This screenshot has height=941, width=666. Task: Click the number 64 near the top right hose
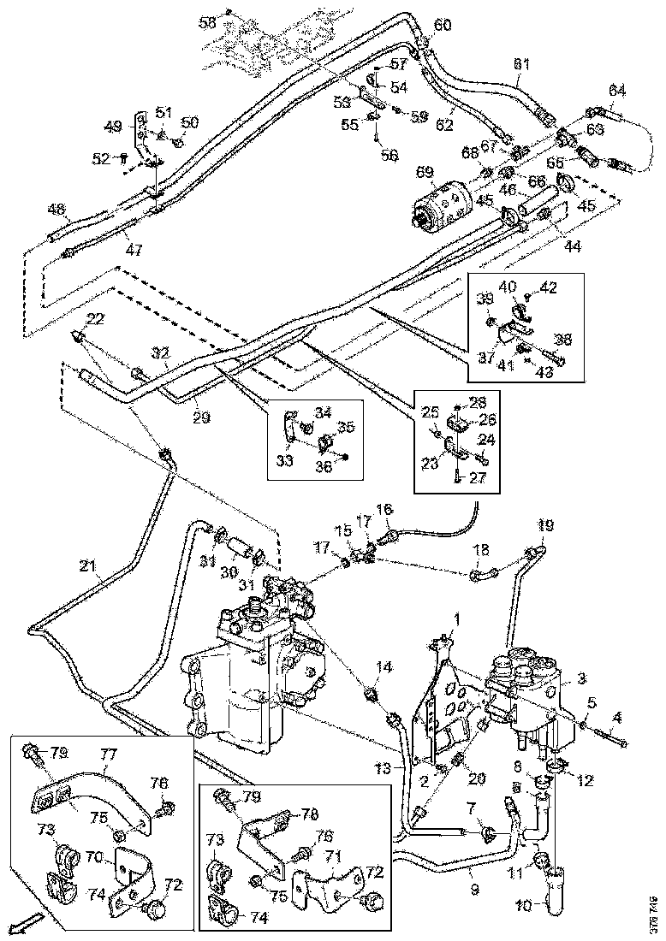pyautogui.click(x=617, y=91)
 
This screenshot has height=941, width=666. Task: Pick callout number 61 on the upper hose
pyautogui.click(x=521, y=65)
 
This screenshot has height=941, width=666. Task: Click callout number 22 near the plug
pyautogui.click(x=95, y=319)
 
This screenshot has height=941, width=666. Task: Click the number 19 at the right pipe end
pyautogui.click(x=545, y=525)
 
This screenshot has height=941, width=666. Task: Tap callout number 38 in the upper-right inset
pyautogui.click(x=562, y=338)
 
